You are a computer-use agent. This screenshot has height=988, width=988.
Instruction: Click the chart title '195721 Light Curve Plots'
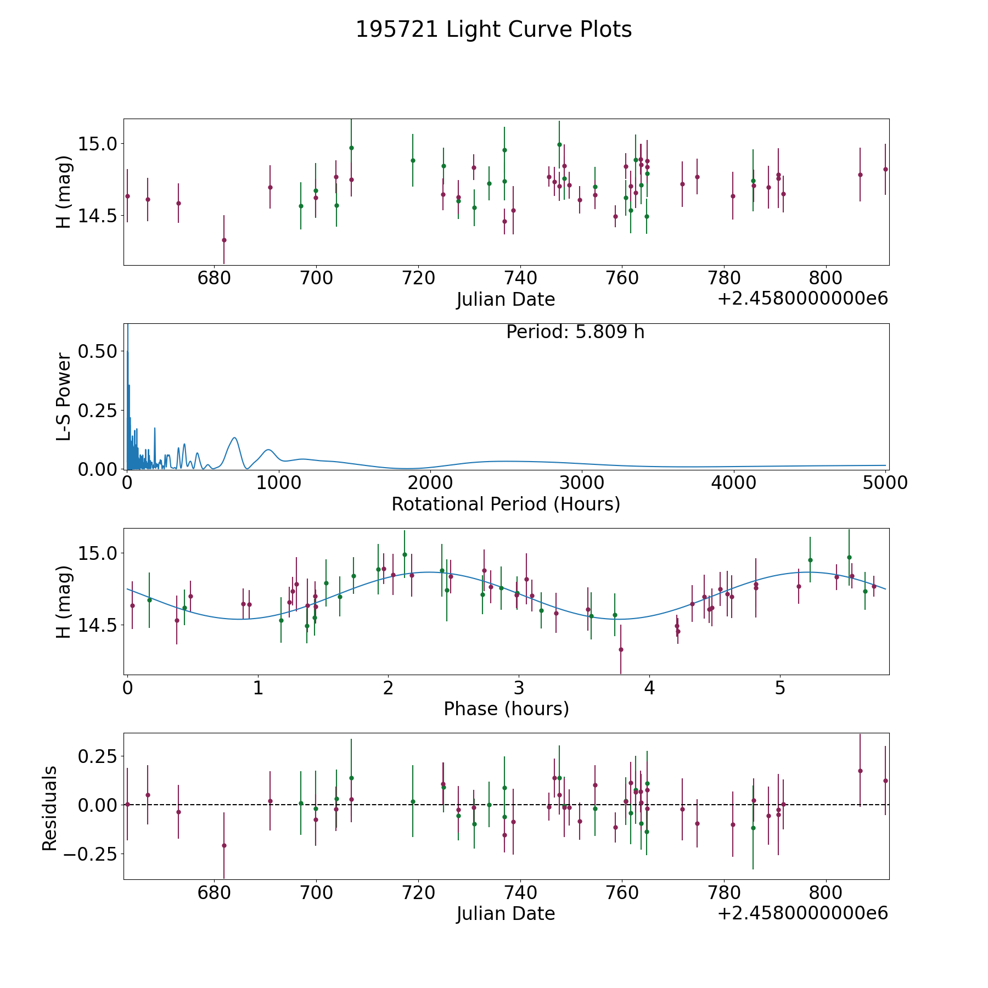click(x=493, y=30)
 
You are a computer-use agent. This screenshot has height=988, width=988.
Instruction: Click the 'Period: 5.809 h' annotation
click(x=575, y=332)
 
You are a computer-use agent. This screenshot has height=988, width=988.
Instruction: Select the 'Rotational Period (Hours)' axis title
click(x=506, y=504)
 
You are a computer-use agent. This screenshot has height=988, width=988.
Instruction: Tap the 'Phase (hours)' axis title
click(x=506, y=709)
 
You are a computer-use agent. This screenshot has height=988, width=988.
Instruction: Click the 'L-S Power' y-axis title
click(x=64, y=397)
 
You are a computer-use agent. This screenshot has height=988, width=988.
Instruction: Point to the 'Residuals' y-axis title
click(x=49, y=809)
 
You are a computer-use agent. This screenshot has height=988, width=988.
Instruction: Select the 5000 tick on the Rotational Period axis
click(x=885, y=483)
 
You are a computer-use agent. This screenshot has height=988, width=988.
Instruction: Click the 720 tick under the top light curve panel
click(x=418, y=278)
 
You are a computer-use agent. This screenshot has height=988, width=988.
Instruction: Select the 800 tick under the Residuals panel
click(x=826, y=892)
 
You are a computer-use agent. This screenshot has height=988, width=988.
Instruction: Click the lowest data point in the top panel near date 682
click(x=224, y=240)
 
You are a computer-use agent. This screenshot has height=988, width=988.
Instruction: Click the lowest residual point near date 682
click(x=224, y=845)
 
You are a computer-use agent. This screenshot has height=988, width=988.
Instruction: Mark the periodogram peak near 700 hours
click(x=234, y=437)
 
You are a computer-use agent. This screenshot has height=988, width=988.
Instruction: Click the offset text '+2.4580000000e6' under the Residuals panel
click(x=802, y=913)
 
